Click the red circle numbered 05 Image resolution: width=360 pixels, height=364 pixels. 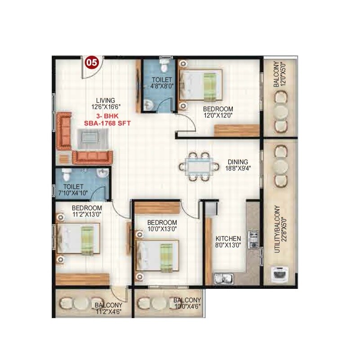pyautogui.click(x=92, y=63)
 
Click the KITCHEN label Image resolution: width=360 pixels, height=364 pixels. pyautogui.click(x=228, y=242)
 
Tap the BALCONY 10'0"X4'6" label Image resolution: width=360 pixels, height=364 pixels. pyautogui.click(x=187, y=303)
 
